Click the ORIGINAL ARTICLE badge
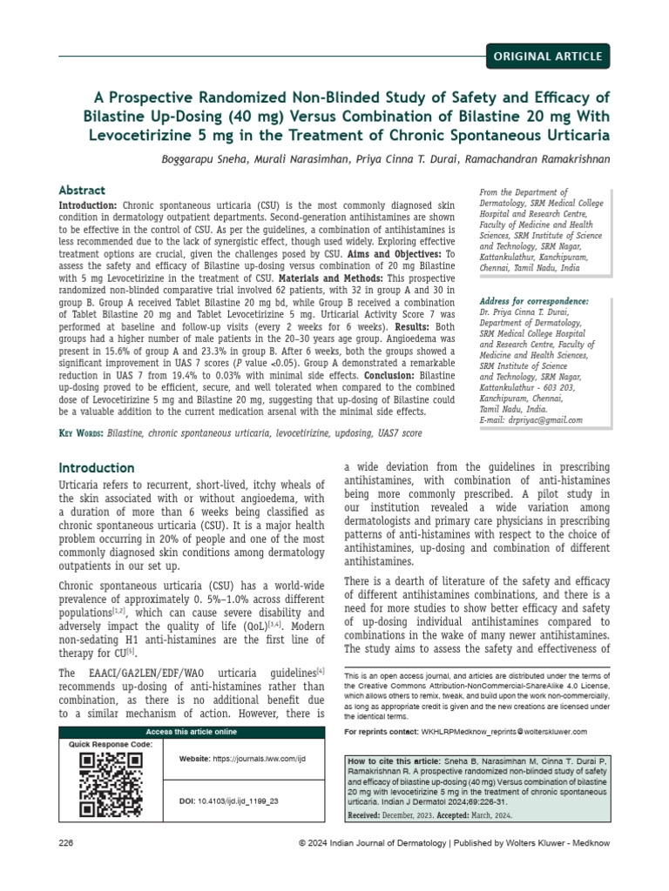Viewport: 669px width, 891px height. click(547, 57)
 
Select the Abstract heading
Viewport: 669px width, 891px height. click(82, 190)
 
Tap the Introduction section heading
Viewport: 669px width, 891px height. click(96, 468)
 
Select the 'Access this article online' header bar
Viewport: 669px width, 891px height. click(191, 732)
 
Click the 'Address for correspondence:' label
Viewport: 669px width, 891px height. click(534, 301)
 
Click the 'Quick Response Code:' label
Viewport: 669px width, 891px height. click(110, 745)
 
